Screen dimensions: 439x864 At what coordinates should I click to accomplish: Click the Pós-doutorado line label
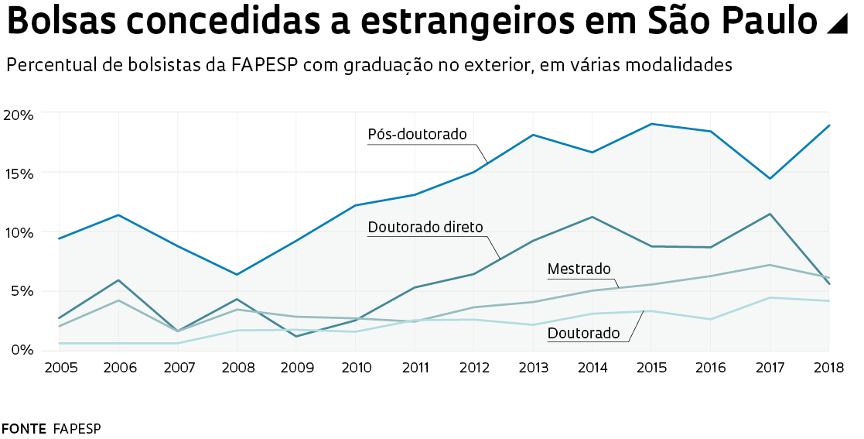pyautogui.click(x=417, y=135)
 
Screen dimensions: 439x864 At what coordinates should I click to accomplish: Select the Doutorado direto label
pyautogui.click(x=425, y=228)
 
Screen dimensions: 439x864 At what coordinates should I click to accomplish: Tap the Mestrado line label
pyautogui.click(x=579, y=269)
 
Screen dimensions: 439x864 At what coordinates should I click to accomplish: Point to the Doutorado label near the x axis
pyautogui.click(x=583, y=334)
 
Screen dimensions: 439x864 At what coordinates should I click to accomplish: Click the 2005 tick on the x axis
pyautogui.click(x=60, y=367)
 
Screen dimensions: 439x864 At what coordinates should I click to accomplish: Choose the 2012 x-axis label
pyautogui.click(x=474, y=367)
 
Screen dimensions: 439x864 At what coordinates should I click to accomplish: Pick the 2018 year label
pyautogui.click(x=829, y=367)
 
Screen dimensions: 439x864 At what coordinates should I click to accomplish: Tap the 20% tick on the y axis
pyautogui.click(x=19, y=115)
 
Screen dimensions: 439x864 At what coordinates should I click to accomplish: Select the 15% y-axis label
pyautogui.click(x=19, y=174)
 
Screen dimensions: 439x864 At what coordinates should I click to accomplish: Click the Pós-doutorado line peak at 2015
pyautogui.click(x=652, y=124)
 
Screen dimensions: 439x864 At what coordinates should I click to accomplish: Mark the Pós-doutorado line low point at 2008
pyautogui.click(x=237, y=275)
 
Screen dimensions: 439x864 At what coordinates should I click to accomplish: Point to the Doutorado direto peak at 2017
pyautogui.click(x=770, y=214)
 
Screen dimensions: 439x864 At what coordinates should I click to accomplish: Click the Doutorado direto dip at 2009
pyautogui.click(x=296, y=336)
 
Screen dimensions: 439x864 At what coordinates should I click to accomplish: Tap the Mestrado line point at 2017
pyautogui.click(x=770, y=265)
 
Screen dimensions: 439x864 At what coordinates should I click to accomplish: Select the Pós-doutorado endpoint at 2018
pyautogui.click(x=829, y=125)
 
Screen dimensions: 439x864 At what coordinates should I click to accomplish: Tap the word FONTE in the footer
pyautogui.click(x=23, y=428)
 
